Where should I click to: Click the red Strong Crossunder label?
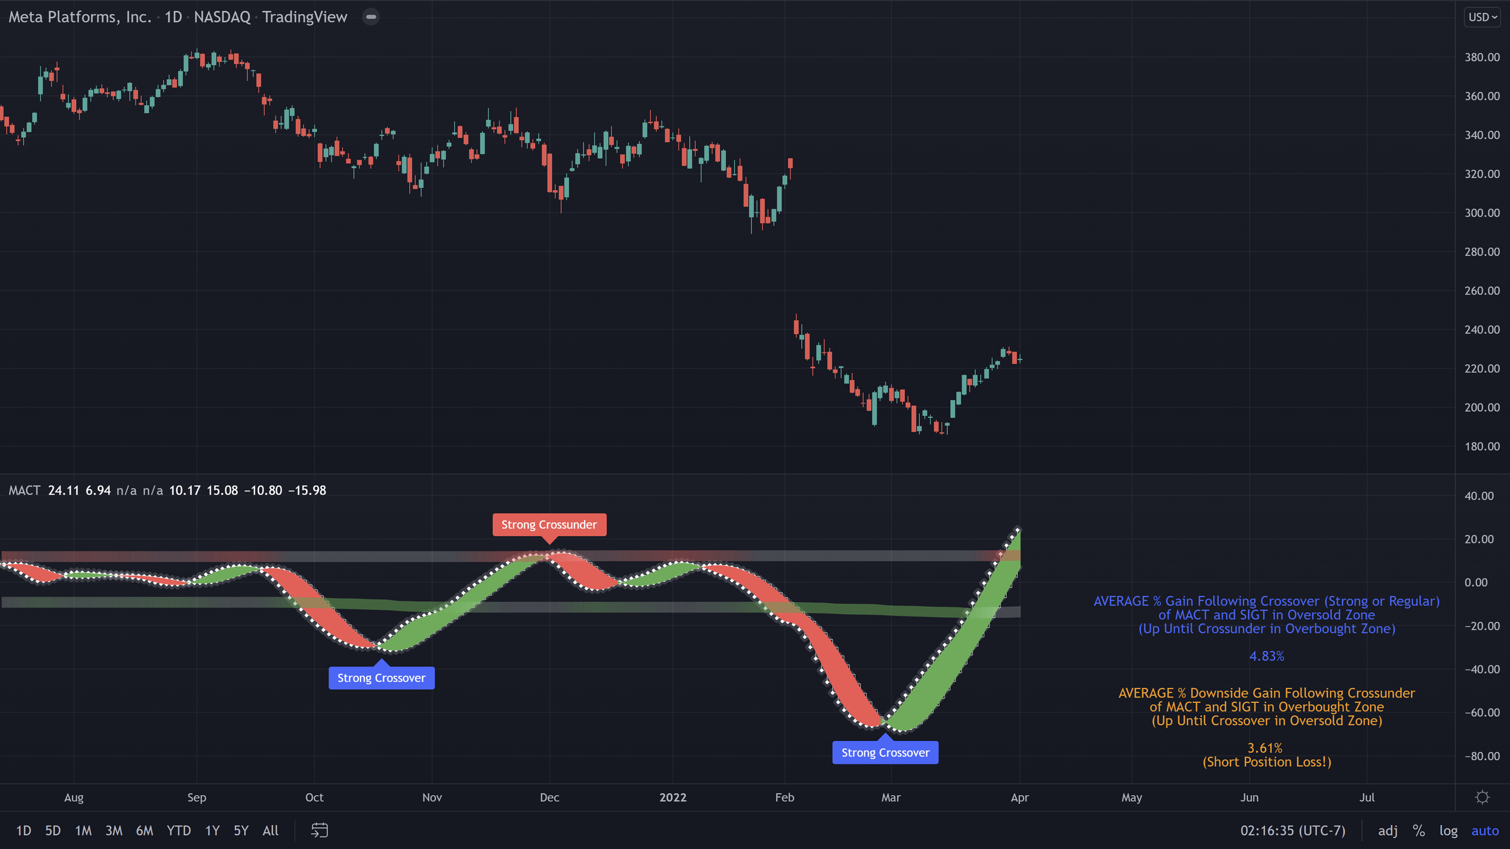pyautogui.click(x=549, y=525)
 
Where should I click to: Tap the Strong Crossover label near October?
pyautogui.click(x=381, y=678)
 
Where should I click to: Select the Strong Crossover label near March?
pyautogui.click(x=885, y=753)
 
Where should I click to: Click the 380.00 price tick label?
pyautogui.click(x=1482, y=57)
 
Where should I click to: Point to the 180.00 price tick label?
pyautogui.click(x=1482, y=446)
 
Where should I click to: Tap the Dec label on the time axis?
pyautogui.click(x=549, y=798)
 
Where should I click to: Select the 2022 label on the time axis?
pyautogui.click(x=673, y=798)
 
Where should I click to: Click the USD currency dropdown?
pyautogui.click(x=1482, y=17)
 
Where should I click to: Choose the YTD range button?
pyautogui.click(x=179, y=831)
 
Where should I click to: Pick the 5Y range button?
pyautogui.click(x=241, y=831)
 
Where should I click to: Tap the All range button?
pyautogui.click(x=271, y=831)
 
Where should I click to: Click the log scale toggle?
pyautogui.click(x=1448, y=831)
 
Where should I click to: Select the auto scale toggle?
pyautogui.click(x=1485, y=831)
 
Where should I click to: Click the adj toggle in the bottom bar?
pyautogui.click(x=1387, y=831)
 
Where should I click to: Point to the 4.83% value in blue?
pyautogui.click(x=1267, y=656)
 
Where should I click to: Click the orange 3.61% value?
pyautogui.click(x=1265, y=748)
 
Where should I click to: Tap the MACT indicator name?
pyautogui.click(x=24, y=490)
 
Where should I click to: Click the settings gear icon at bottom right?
pyautogui.click(x=1482, y=798)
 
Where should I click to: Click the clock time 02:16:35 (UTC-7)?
pyautogui.click(x=1293, y=831)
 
